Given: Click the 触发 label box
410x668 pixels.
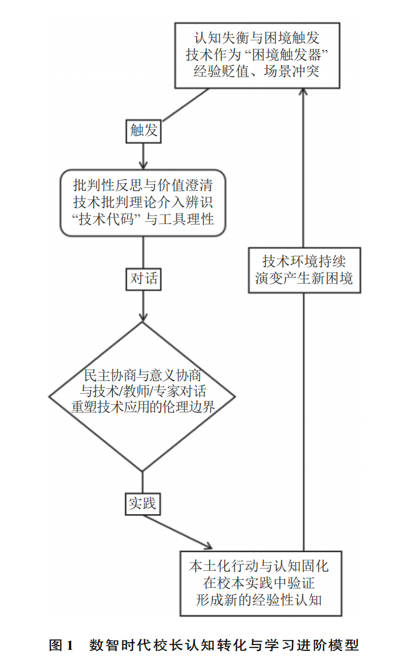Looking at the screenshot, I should click(x=143, y=130).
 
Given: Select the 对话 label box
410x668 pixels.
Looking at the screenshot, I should click(x=143, y=278).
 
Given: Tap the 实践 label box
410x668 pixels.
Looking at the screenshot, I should click(x=143, y=502).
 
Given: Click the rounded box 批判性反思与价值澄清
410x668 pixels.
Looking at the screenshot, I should click(x=143, y=203).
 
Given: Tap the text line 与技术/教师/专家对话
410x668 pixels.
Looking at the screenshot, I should click(x=143, y=391).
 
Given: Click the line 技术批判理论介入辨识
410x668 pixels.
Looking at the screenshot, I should click(x=143, y=202).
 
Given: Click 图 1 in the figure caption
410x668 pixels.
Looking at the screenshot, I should click(x=61, y=645).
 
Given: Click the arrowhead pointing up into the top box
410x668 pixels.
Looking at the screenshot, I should click(x=303, y=92).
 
